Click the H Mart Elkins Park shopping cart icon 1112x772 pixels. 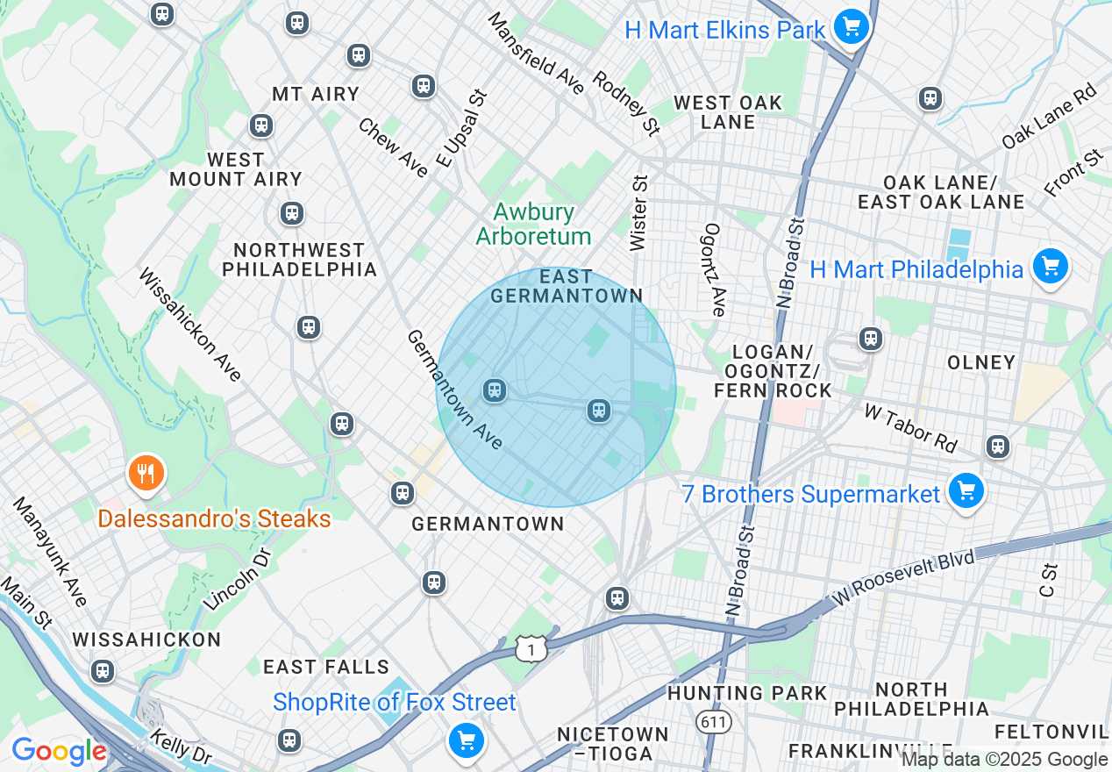[850, 27]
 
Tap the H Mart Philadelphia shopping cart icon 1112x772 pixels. [1049, 266]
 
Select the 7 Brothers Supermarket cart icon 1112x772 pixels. [966, 490]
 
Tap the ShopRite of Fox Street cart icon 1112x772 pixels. [466, 741]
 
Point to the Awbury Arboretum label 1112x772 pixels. [533, 224]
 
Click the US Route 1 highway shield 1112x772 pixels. [531, 648]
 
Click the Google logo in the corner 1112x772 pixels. [59, 752]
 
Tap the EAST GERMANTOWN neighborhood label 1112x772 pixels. [567, 286]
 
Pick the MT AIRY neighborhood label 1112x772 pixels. [316, 94]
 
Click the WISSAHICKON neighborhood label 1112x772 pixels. [146, 640]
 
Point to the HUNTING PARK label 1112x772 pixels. [747, 693]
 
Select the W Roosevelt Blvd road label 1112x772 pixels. [904, 578]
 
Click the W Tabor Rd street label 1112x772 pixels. [910, 428]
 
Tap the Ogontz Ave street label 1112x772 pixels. [714, 269]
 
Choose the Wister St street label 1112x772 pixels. [638, 212]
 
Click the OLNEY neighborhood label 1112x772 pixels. [981, 362]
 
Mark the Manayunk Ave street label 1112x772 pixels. [50, 552]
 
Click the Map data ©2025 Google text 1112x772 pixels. [1004, 760]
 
